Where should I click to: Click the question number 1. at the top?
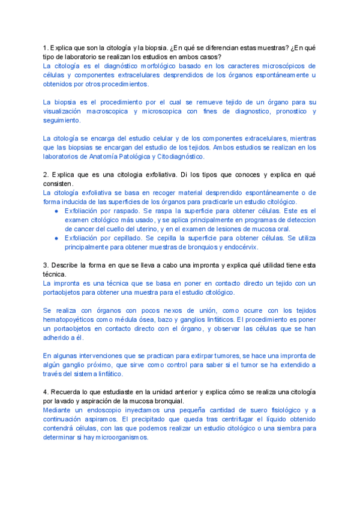46,47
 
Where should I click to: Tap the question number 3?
46,265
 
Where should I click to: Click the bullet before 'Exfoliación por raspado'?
56,211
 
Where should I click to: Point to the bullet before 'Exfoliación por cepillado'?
56,238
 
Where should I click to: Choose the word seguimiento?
64,120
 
